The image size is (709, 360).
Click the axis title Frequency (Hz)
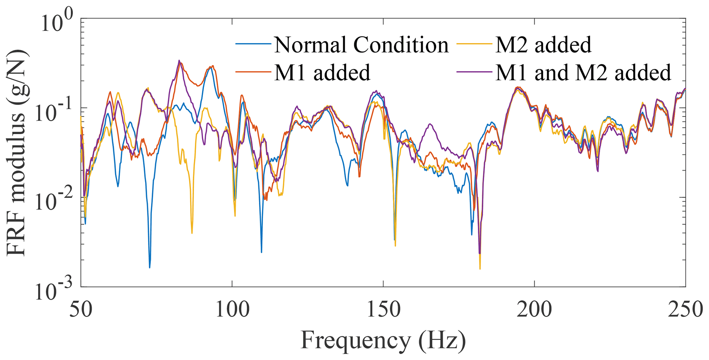pos(383,340)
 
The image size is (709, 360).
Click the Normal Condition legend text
pos(361,45)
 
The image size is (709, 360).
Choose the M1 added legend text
pos(322,72)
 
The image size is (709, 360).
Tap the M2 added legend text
pos(543,45)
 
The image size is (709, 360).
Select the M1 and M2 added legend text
pos(583,72)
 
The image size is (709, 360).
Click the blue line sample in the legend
pos(253,44)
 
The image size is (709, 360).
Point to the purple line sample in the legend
pos(474,72)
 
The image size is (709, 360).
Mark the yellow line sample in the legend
pos(474,44)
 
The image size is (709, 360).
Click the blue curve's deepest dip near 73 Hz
pos(150,267)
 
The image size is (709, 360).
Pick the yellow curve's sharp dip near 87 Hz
pos(192,233)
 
